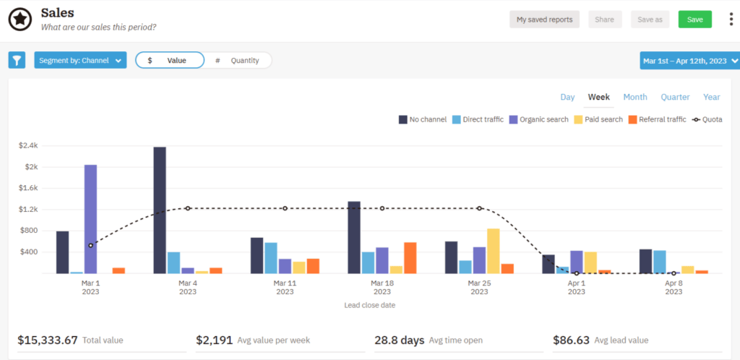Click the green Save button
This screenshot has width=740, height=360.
coord(694,20)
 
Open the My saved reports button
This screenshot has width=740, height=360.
coord(545,20)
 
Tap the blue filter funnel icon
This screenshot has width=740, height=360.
coord(17,60)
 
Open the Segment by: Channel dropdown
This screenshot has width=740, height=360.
coord(80,60)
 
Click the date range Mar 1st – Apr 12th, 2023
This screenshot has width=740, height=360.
coord(689,61)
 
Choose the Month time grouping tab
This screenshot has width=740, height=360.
coord(635,97)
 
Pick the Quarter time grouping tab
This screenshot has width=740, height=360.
coord(675,97)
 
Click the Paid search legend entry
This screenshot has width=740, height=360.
coord(597,119)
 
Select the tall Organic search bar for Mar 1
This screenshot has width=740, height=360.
coord(90,218)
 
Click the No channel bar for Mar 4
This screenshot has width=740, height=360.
coord(160,210)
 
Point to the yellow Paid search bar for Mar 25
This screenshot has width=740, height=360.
coord(493,251)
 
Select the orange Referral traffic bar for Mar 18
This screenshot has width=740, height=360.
coord(410,257)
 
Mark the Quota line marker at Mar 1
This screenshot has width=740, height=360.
coord(90,246)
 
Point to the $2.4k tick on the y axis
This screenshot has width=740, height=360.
coord(28,145)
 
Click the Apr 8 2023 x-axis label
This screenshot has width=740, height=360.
coord(673,288)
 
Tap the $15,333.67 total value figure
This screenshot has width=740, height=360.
coord(46,340)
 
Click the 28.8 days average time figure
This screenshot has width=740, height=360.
coord(398,340)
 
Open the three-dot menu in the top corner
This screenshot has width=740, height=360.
coord(731,20)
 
